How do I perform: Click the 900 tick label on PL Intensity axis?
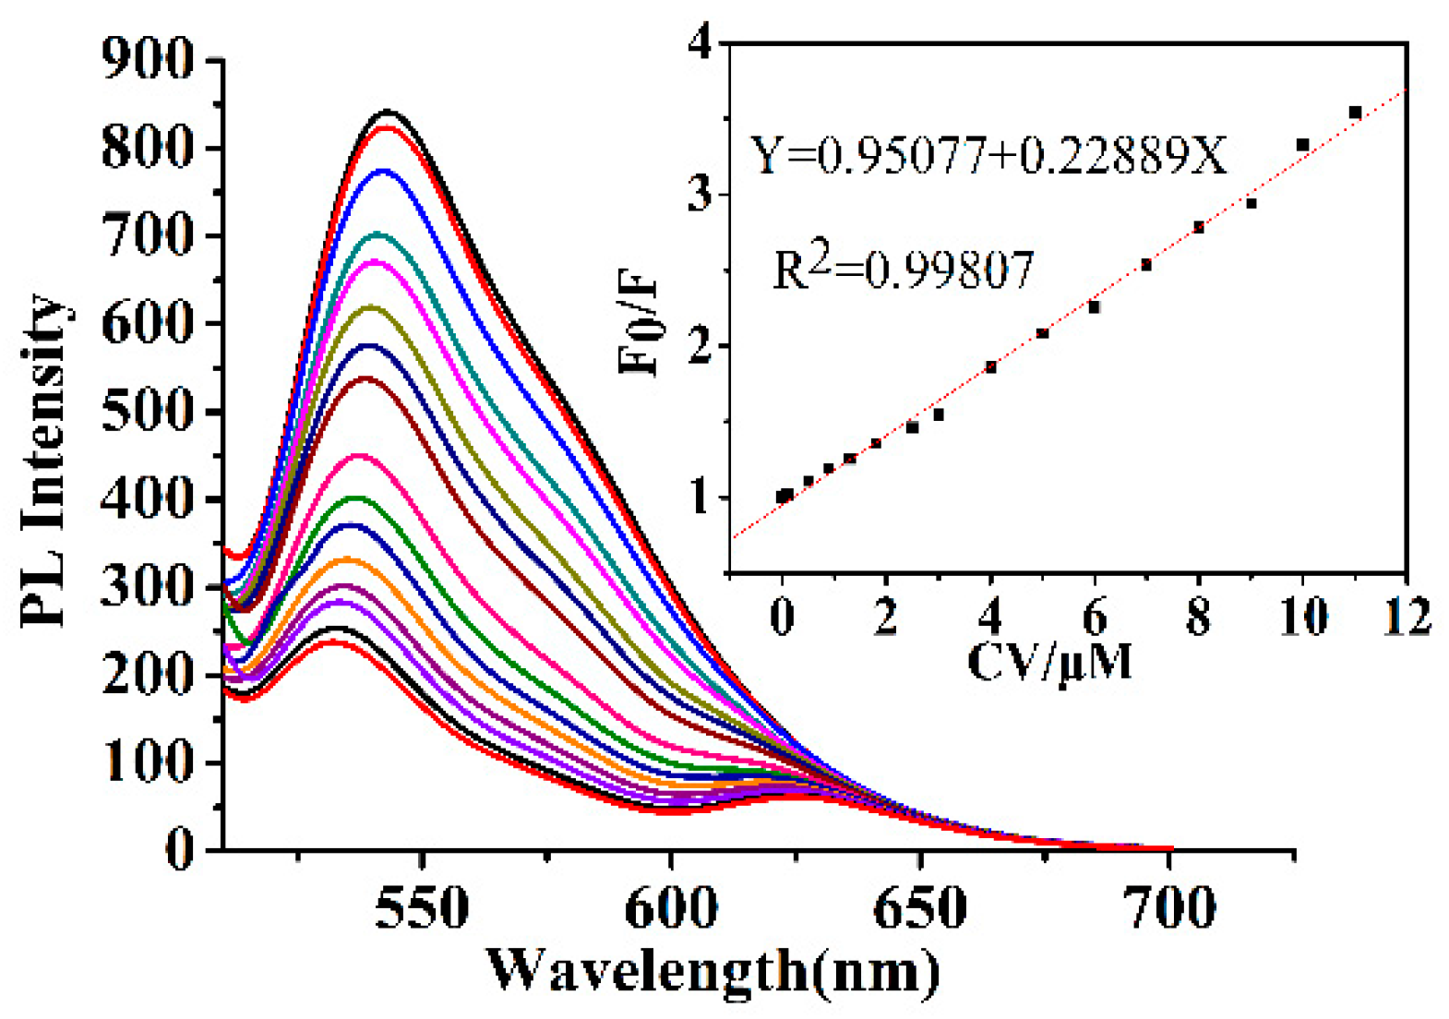click(148, 61)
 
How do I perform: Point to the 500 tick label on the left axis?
click(148, 411)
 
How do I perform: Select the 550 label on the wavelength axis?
click(422, 908)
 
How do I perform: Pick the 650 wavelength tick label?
click(920, 908)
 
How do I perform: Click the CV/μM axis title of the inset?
click(1049, 661)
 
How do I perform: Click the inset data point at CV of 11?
click(1355, 113)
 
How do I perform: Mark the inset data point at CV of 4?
click(991, 367)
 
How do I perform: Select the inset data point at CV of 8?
click(1199, 227)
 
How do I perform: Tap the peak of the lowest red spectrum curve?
click(330, 641)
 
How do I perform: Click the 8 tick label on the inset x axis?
click(1198, 617)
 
